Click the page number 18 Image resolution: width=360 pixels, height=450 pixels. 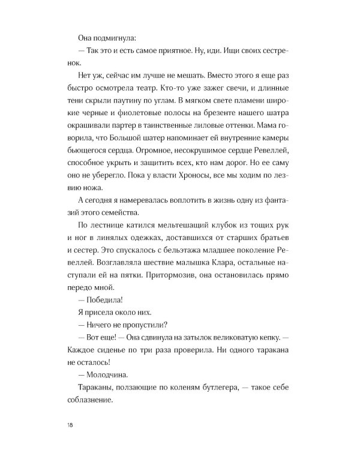coord(73,426)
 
